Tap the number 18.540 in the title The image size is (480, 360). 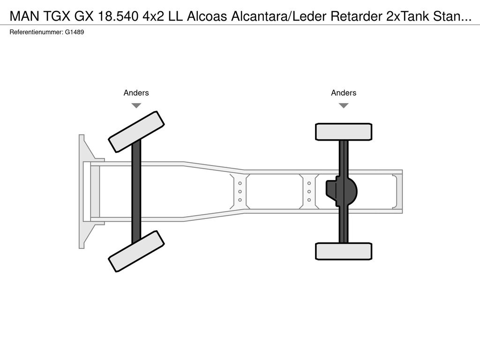coord(118,16)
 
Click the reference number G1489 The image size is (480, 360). coord(75,32)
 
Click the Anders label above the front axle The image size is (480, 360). coord(136,93)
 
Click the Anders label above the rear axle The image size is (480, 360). coord(344,93)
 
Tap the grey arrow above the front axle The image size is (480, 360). coord(136,105)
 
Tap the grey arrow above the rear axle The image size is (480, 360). coord(344,105)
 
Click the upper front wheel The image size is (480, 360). coord(136,132)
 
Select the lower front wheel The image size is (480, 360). coord(136,251)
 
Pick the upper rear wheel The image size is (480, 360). coord(344,132)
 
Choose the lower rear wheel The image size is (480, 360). coord(344,251)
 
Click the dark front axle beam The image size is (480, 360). coord(136,191)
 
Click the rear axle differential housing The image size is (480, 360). coord(341,191)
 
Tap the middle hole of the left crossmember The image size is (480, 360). coord(240,192)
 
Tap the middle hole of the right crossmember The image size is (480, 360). coord(309,192)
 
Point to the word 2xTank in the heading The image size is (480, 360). coord(408,16)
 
